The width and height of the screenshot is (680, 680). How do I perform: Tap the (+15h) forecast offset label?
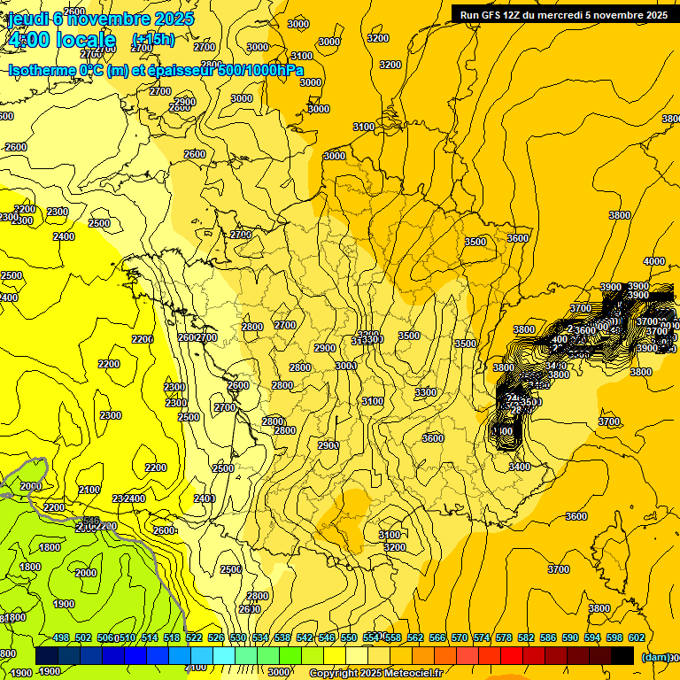click(153, 39)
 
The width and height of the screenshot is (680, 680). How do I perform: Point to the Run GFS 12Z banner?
click(563, 14)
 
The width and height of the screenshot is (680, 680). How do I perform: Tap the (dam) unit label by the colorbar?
click(655, 656)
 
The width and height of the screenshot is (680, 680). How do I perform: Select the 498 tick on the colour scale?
click(61, 637)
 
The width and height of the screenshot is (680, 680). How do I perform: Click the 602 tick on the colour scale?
click(636, 637)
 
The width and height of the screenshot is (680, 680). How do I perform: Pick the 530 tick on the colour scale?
click(238, 637)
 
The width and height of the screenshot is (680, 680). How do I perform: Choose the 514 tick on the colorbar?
click(150, 637)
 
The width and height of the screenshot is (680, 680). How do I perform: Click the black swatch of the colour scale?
click(622, 656)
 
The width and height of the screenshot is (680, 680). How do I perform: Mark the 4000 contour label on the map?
click(653, 261)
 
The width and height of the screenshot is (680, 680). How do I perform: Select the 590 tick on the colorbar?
click(570, 637)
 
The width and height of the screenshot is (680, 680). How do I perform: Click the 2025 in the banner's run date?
click(656, 14)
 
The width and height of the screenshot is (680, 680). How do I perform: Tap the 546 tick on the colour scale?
click(327, 637)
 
